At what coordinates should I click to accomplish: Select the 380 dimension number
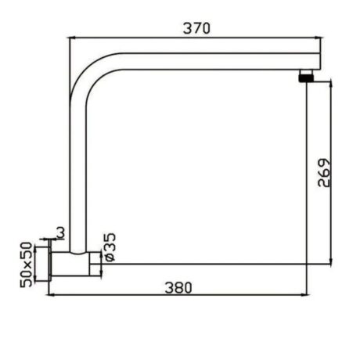tap(179, 287)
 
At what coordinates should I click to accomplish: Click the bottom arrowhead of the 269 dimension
tap(333, 261)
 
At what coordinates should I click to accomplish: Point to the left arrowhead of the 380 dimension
tap(52, 296)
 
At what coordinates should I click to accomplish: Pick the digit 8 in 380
tap(179, 287)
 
